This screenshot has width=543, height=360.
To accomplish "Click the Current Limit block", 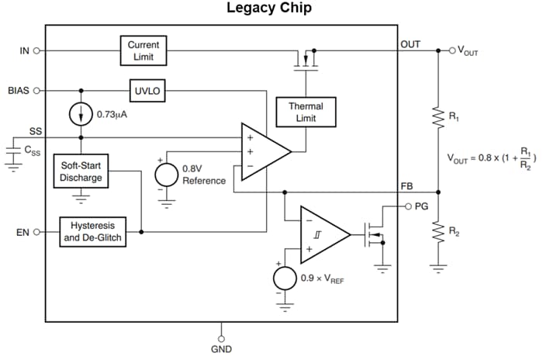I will (x=143, y=50).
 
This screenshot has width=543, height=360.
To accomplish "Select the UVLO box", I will (x=145, y=90).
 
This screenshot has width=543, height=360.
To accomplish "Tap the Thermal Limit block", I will (x=306, y=112).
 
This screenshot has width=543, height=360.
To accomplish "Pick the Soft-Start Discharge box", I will (x=81, y=172).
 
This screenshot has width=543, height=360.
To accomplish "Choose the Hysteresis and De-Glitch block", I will (x=92, y=232).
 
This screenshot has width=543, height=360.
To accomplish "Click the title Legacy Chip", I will (x=269, y=9).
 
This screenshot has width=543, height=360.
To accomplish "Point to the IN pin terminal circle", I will (x=38, y=50).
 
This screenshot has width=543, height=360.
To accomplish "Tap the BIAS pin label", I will (x=18, y=90).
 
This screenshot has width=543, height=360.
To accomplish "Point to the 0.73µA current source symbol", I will (x=81, y=114).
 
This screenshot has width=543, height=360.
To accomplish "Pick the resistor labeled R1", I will (x=438, y=117).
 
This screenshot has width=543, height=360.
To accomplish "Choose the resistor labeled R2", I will (x=438, y=230).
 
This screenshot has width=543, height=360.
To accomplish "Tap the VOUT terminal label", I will (x=469, y=50).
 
